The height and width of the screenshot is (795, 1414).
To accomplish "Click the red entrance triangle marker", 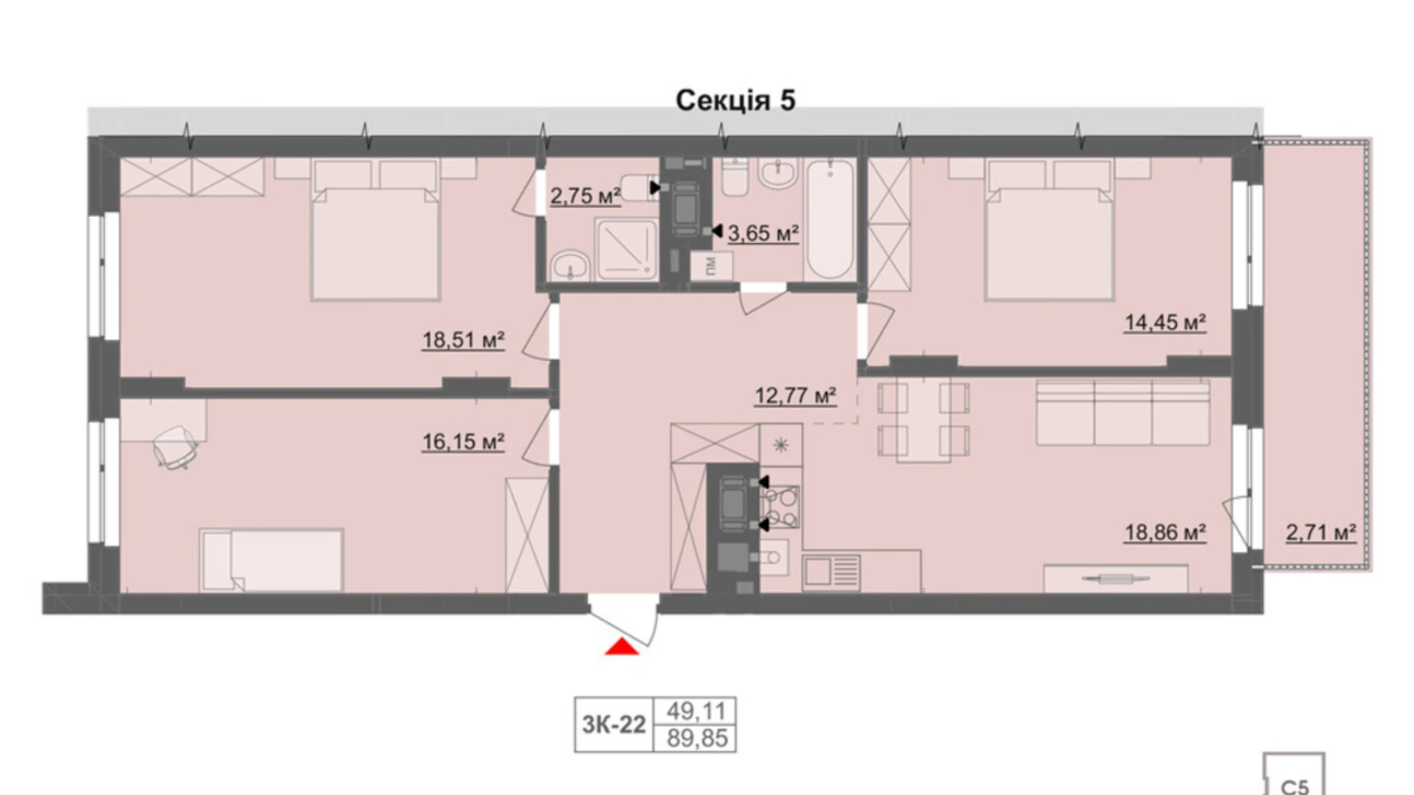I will [x=621, y=647].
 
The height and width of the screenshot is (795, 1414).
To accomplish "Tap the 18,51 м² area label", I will [x=463, y=339].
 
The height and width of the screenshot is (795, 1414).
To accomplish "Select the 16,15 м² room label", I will [x=463, y=442].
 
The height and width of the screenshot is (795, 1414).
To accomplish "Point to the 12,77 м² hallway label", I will [x=795, y=396].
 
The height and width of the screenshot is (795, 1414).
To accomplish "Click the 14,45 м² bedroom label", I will [x=1165, y=323].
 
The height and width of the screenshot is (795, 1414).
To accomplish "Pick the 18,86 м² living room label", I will [x=1165, y=532].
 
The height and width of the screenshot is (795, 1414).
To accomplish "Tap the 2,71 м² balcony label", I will [x=1321, y=532].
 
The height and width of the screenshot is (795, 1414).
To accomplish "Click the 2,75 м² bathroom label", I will [x=585, y=196].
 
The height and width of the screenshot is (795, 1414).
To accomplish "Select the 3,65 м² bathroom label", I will [x=763, y=233].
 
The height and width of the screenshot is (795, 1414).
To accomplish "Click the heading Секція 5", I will [x=735, y=100].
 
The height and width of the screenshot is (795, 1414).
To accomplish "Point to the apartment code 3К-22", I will [x=614, y=725].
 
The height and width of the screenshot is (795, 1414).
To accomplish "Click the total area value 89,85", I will [x=696, y=739].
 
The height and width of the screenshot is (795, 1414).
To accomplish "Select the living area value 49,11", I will [x=696, y=711].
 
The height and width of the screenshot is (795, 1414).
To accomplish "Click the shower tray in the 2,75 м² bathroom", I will [x=626, y=248].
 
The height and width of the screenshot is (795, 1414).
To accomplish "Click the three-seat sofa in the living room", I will [x=1122, y=413].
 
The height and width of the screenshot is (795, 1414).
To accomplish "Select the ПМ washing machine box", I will [x=711, y=267].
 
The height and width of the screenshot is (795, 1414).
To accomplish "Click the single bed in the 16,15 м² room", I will [x=271, y=560].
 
